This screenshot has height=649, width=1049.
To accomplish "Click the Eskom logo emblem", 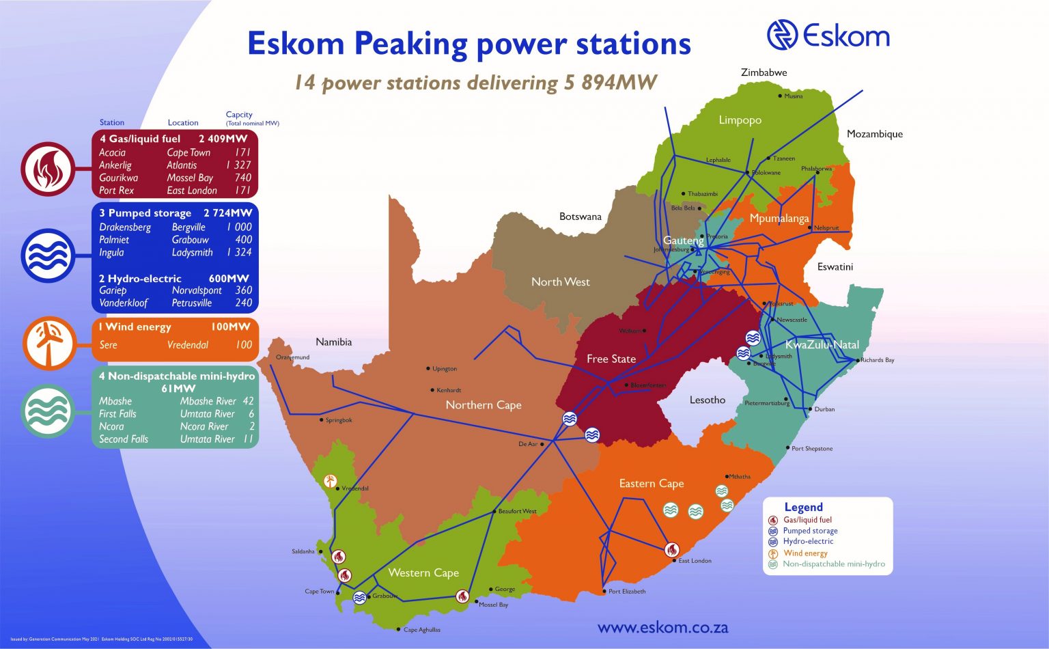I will [x=782, y=35].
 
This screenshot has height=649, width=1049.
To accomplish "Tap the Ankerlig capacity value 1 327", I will [x=238, y=165].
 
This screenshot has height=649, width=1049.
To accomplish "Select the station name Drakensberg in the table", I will [x=125, y=227].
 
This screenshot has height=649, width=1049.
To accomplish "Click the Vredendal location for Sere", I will [x=188, y=345].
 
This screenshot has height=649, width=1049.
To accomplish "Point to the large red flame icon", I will [x=47, y=170].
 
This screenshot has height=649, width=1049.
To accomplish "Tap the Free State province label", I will [x=611, y=359].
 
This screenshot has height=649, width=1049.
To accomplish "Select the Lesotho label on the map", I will [x=708, y=400].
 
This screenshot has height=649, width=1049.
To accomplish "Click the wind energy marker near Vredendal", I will [x=331, y=481].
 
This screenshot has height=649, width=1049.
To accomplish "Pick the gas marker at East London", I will [x=672, y=550].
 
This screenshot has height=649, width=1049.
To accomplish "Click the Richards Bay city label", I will [x=878, y=360].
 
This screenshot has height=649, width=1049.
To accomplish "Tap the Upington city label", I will [x=445, y=369].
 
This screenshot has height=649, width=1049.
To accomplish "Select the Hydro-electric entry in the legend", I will [x=808, y=542].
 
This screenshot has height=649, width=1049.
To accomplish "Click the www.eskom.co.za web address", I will [x=662, y=627].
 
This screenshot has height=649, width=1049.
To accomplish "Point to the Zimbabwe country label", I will [x=764, y=72].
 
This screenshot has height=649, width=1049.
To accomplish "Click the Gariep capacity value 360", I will [x=243, y=290].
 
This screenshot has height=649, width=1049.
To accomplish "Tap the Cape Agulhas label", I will [x=422, y=630].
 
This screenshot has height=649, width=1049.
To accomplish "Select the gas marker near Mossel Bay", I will [x=462, y=596].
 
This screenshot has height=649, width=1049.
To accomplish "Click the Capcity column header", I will [x=239, y=115].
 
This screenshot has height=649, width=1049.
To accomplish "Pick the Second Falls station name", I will [x=124, y=439].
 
